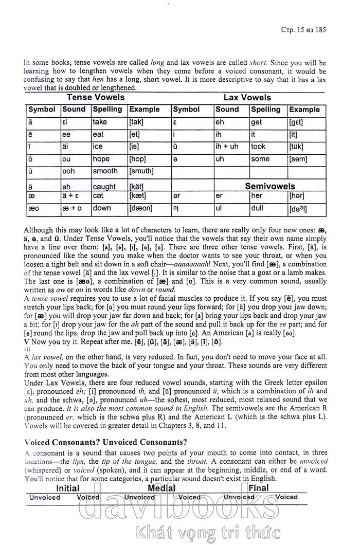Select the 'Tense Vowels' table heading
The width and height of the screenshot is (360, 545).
pos(96,97)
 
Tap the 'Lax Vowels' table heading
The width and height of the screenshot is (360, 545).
pos(247,97)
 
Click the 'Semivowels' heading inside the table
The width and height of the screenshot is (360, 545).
pos(270,186)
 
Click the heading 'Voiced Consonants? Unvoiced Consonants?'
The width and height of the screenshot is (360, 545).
pos(105,443)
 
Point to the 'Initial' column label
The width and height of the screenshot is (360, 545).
pos(67,488)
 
